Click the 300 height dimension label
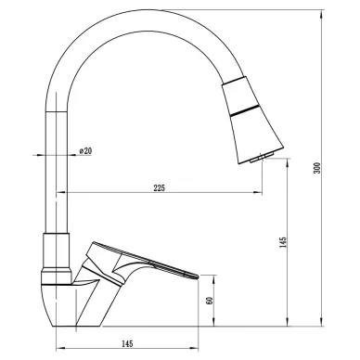click(x=317, y=168)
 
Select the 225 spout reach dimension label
click(x=160, y=187)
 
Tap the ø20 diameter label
click(x=85, y=151)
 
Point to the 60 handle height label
click(x=210, y=301)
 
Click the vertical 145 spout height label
click(x=283, y=242)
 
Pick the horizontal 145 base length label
click(x=127, y=343)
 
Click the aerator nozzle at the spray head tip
click(x=262, y=158)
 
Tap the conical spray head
click(x=251, y=120)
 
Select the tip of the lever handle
click(x=197, y=276)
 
